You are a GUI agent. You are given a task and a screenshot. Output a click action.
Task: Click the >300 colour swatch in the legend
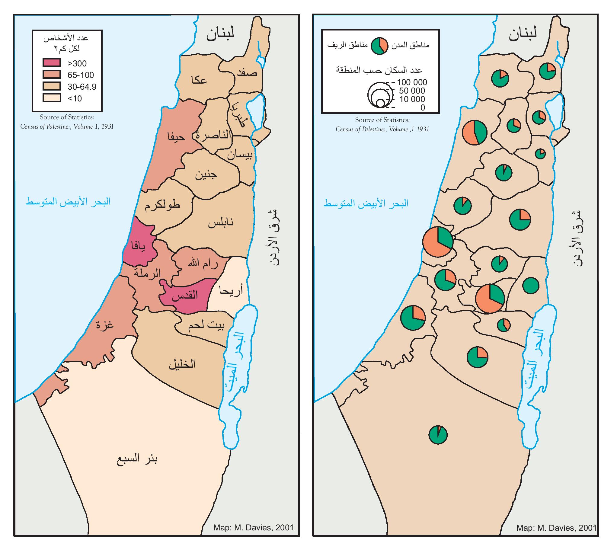pos(51,62)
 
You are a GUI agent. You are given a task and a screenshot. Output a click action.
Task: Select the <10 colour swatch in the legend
pos(51,98)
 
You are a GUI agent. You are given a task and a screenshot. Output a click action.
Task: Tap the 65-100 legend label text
pos(80,75)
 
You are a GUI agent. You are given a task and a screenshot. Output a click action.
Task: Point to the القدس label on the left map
pos(185,295)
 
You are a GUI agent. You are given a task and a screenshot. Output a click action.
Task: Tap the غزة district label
pos(104,325)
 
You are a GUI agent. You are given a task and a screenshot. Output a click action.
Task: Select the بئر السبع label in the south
pos(137,459)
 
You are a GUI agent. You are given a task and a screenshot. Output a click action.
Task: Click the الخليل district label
pos(182,364)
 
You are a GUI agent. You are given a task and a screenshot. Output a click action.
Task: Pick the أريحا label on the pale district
pos(231,291)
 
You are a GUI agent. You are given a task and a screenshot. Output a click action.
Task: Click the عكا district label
pos(199,80)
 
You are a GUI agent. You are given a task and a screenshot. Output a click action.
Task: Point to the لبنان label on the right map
pos(523,33)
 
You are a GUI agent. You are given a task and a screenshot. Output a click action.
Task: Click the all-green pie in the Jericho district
pos(531,285)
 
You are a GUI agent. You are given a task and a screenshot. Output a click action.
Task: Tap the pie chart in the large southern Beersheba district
pos(438,435)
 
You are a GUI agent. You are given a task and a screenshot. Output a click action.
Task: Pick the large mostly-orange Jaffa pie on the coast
pos(437,242)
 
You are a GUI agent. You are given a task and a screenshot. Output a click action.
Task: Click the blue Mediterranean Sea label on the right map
pos(366,203)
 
